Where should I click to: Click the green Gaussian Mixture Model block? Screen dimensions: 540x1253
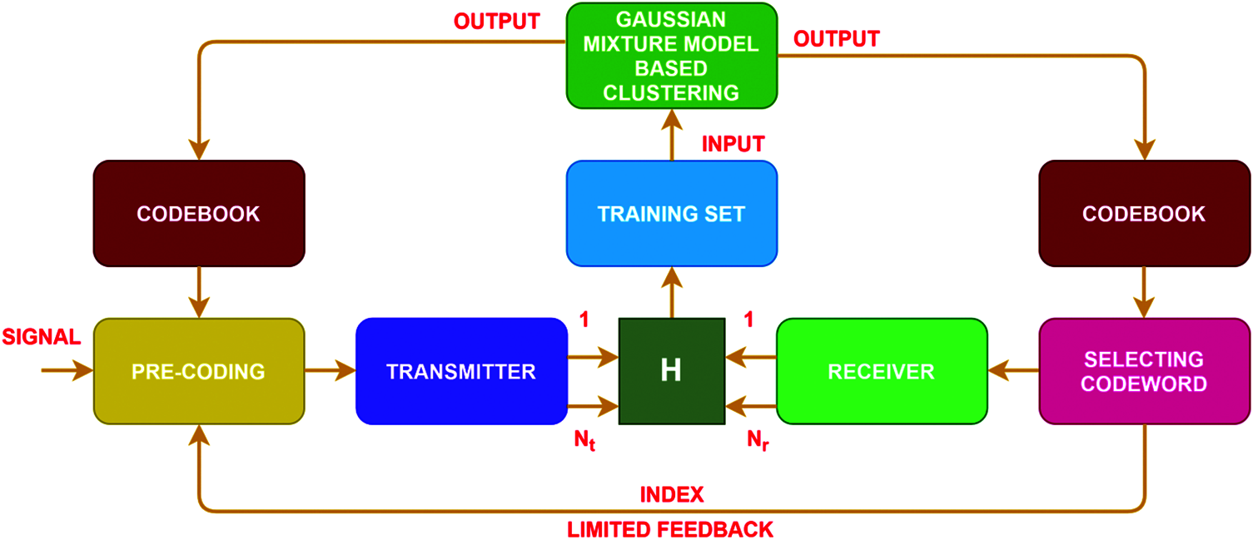point(671,55)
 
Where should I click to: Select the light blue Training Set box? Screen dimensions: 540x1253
point(671,214)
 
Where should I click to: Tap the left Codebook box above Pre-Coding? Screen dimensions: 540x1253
point(199,214)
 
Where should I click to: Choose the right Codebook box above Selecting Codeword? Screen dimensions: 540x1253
point(1144,214)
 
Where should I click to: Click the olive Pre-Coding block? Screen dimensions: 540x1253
point(199,371)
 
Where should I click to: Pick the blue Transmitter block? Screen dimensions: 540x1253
point(460,371)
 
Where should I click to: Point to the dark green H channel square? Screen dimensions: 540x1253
point(671,371)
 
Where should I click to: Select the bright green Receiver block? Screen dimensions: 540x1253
point(882,371)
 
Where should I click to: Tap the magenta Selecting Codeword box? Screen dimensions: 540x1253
point(1144,371)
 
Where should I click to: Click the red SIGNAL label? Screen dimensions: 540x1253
point(41,337)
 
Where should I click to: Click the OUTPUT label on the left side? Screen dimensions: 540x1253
point(497,22)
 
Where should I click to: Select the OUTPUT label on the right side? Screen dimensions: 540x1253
point(836,39)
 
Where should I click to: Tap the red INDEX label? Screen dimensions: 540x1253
point(671,495)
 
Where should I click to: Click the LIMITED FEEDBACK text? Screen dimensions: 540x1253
point(670,529)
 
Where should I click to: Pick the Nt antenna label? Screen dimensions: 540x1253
point(583,442)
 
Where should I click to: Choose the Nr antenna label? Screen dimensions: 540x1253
point(757,442)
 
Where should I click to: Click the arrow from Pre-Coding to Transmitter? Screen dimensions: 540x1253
point(331,371)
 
